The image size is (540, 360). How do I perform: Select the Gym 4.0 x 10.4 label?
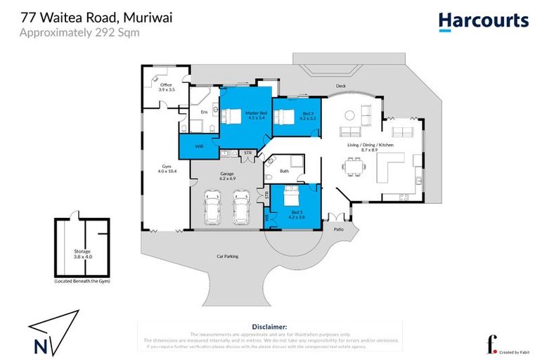point(165,169)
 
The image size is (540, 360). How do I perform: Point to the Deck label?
point(340,88)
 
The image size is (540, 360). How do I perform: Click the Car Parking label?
point(227,257)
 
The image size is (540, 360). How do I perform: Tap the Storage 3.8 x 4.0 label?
point(83,253)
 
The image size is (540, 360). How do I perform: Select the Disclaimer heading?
point(269,327)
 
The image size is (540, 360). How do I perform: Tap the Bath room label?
point(284,171)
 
